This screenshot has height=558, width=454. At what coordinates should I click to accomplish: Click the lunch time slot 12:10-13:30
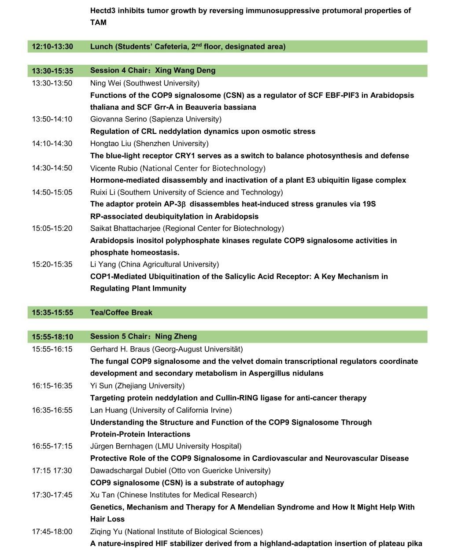[52, 47]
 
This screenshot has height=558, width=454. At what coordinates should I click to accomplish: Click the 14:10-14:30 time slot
[52, 144]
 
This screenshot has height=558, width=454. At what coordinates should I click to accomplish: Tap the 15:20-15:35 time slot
[52, 265]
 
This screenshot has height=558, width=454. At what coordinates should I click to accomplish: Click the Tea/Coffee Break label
[121, 313]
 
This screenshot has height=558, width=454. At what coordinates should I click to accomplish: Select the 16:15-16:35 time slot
[52, 386]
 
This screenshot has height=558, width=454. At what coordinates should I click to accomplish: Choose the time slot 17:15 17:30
[52, 470]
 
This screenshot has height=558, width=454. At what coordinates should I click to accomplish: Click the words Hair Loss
[107, 519]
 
